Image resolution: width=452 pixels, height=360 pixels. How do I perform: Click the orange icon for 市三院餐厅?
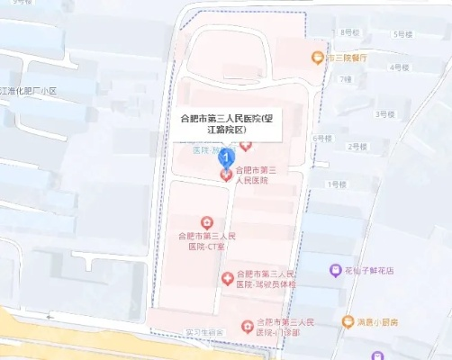[x=317, y=58]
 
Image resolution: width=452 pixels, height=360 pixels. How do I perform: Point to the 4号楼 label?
[x=397, y=67]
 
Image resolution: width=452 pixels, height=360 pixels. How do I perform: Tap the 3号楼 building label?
[x=384, y=114]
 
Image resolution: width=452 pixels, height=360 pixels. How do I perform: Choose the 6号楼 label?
[x=321, y=138]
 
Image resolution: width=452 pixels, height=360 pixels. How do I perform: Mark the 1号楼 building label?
[x=337, y=184]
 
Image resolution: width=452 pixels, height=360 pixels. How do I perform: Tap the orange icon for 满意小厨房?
[x=347, y=321]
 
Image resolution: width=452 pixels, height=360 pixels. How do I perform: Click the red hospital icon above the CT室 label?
[x=206, y=221]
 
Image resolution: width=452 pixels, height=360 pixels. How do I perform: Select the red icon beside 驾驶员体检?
[x=227, y=278]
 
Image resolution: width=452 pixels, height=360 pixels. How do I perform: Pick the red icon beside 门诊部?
[x=247, y=325]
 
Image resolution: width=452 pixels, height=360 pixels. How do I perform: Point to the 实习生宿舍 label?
[x=205, y=333]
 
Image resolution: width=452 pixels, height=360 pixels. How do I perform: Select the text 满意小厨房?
[x=382, y=321]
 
